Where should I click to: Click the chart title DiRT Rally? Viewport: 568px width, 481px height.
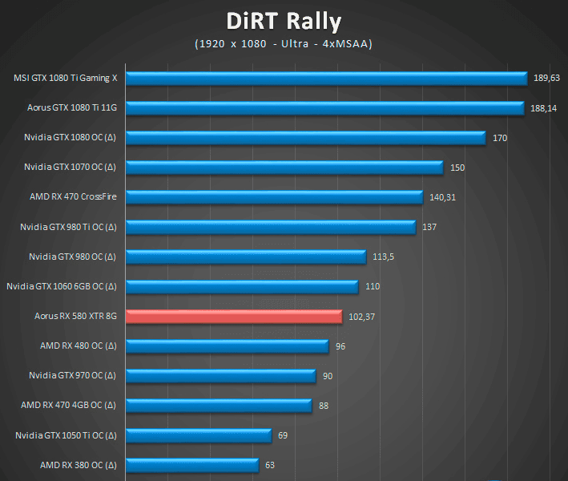coord(284,20)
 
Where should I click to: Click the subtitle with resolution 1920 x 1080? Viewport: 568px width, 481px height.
coord(284,44)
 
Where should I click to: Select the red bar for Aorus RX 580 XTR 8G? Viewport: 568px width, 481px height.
coord(234,316)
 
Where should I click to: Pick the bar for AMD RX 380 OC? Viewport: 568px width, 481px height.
coord(192,465)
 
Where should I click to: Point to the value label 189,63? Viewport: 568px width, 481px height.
coord(547,79)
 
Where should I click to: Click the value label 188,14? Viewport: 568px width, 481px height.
coord(544,108)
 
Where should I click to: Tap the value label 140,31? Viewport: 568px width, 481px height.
coord(442,197)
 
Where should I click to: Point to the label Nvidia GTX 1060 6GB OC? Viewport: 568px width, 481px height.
coord(62,286)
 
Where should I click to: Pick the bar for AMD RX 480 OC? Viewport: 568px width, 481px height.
coord(228,346)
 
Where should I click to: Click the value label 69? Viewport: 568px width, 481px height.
coord(282,435)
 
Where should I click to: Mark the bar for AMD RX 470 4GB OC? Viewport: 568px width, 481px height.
coord(219,405)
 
